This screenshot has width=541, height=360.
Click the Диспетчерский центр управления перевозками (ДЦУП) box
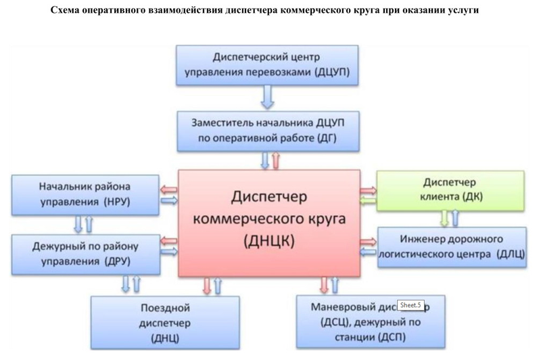[267, 64]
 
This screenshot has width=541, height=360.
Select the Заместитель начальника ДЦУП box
[267, 131]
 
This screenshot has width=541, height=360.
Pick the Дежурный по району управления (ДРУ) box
[85, 252]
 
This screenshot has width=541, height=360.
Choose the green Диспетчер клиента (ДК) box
[450, 191]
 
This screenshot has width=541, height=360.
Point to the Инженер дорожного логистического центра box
[452, 248]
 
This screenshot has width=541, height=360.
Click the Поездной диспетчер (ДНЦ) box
[165, 322]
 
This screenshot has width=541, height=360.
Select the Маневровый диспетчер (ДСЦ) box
[371, 322]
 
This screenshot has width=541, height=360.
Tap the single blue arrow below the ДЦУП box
[268, 98]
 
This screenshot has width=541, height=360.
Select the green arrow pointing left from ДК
[369, 201]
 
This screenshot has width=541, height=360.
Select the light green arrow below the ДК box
[444, 218]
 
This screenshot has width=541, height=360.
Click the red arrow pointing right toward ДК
[369, 189]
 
